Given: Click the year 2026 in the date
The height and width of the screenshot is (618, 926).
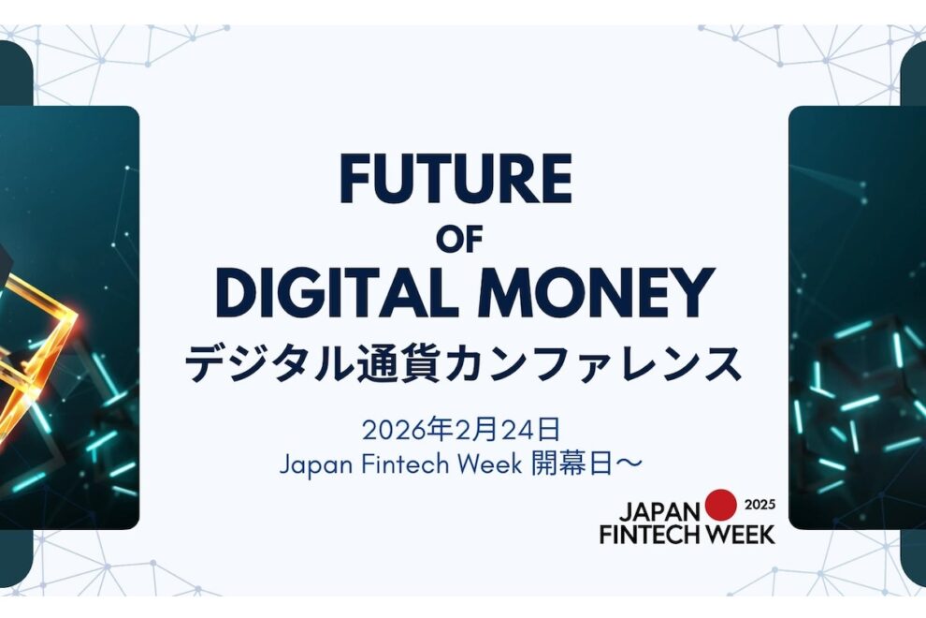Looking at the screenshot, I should click(x=391, y=430).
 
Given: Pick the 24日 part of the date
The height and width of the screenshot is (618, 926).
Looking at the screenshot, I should click(x=528, y=430).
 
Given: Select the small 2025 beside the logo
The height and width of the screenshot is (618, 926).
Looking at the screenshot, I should click(x=760, y=505).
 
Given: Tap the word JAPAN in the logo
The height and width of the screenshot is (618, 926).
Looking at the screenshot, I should click(x=659, y=512).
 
